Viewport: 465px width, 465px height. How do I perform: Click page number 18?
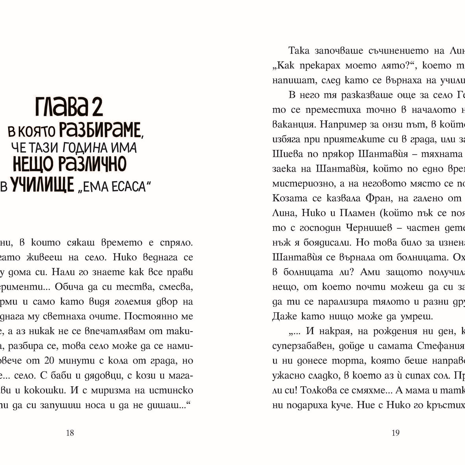[x=70, y=433]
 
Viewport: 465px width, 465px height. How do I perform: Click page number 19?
[x=396, y=433]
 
